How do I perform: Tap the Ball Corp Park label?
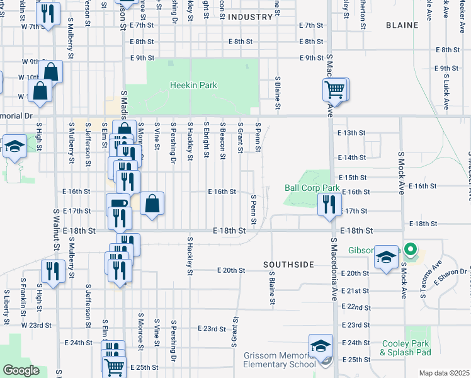coord(312,188)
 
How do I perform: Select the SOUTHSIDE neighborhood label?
coord(288,265)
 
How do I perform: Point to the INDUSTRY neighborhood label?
coord(249,17)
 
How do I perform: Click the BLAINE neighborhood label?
coord(400,25)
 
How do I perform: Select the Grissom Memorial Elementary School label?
coord(280,360)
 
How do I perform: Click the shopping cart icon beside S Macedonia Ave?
coord(336,89)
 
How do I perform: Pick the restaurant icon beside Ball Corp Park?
coord(329,205)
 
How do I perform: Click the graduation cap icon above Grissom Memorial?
coord(321,346)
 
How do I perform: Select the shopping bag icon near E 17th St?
coord(152,203)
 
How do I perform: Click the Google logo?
coord(21,370)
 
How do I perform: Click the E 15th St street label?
coord(352,178)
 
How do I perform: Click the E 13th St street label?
coord(351,133)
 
